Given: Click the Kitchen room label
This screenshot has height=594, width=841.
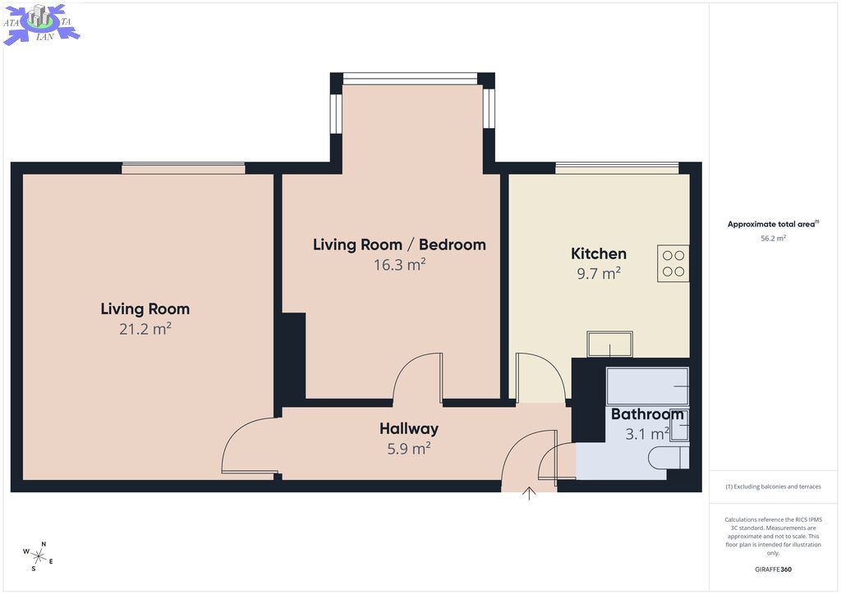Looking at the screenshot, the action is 599,254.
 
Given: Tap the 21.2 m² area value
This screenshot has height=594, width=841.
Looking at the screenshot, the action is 145,328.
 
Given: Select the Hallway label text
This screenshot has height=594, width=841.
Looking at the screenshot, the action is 409,428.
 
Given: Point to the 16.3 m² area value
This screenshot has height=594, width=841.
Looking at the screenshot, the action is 400,265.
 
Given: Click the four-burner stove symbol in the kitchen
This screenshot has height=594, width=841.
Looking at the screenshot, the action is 673,263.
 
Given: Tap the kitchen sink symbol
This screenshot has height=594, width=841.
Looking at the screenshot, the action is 610,343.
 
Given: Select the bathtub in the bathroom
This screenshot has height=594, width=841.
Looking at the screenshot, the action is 647,386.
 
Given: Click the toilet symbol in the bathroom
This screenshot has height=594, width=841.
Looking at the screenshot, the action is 669,458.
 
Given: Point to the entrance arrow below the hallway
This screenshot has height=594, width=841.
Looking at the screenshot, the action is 530,493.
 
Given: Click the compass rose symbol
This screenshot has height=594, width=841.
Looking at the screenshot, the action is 38,556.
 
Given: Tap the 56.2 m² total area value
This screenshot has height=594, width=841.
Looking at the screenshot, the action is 773,239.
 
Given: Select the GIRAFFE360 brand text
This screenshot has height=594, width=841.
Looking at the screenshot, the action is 773,569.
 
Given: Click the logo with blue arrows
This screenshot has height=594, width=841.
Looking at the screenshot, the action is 41,24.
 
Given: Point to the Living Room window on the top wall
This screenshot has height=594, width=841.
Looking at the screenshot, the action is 183,167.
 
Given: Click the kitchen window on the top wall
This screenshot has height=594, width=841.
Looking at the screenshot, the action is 617,167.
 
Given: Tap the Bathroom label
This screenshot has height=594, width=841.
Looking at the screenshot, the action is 647,414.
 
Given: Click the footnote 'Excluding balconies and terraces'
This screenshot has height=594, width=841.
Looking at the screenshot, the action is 773,487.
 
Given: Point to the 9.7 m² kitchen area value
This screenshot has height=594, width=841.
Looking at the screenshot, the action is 599,273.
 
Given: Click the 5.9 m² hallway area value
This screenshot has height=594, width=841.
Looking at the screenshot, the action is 409,448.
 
